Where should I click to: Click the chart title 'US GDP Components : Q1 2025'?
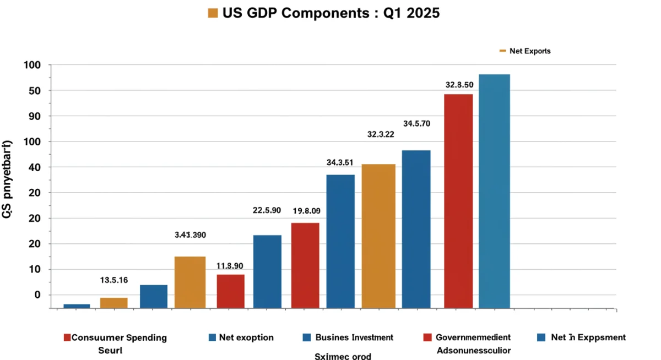click(331, 13)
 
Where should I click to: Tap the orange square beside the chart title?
click(213, 13)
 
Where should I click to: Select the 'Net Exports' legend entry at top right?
click(525, 51)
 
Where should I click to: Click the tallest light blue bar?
click(494, 190)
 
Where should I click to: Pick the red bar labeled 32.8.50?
click(458, 200)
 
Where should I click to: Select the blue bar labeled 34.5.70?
click(416, 228)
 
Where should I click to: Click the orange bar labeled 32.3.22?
click(378, 236)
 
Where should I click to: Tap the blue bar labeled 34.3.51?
click(340, 241)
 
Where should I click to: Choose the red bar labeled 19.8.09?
click(305, 265)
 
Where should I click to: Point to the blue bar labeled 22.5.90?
click(267, 271)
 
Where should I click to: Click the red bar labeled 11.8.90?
click(230, 291)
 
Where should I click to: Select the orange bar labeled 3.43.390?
click(190, 282)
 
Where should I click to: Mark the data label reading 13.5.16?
click(114, 280)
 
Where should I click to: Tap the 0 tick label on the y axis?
click(37, 294)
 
